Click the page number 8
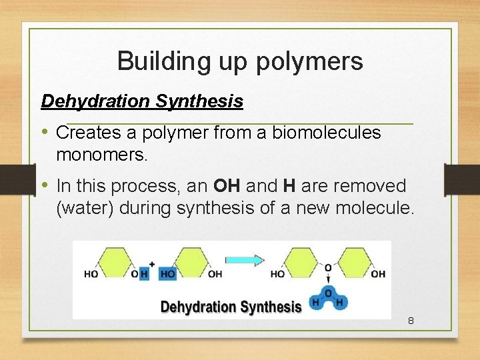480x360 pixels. click(x=411, y=321)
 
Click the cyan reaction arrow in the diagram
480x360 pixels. click(x=245, y=260)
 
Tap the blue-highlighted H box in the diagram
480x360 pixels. click(x=144, y=274)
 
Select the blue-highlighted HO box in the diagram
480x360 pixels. click(x=167, y=274)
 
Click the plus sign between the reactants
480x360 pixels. click(x=151, y=263)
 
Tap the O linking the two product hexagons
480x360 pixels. click(x=328, y=268)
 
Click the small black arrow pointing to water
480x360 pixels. click(x=328, y=281)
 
